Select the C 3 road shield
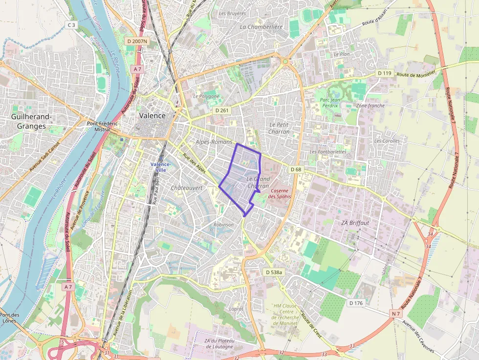[71, 24]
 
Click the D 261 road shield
[222, 111]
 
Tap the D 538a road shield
[273, 272]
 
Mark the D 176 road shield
[356, 303]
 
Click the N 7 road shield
[396, 313]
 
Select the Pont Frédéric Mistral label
[102, 126]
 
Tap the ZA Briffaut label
[354, 223]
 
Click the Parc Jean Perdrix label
[330, 103]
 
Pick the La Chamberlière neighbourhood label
[261, 27]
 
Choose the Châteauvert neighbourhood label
[187, 188]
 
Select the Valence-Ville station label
[161, 167]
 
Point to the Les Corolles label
[387, 141]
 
